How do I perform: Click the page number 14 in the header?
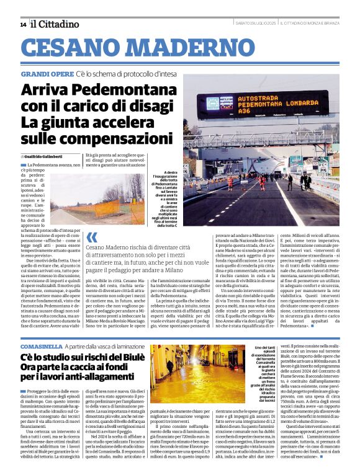[x=23, y=24]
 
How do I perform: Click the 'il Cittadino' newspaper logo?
[x=56, y=24]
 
